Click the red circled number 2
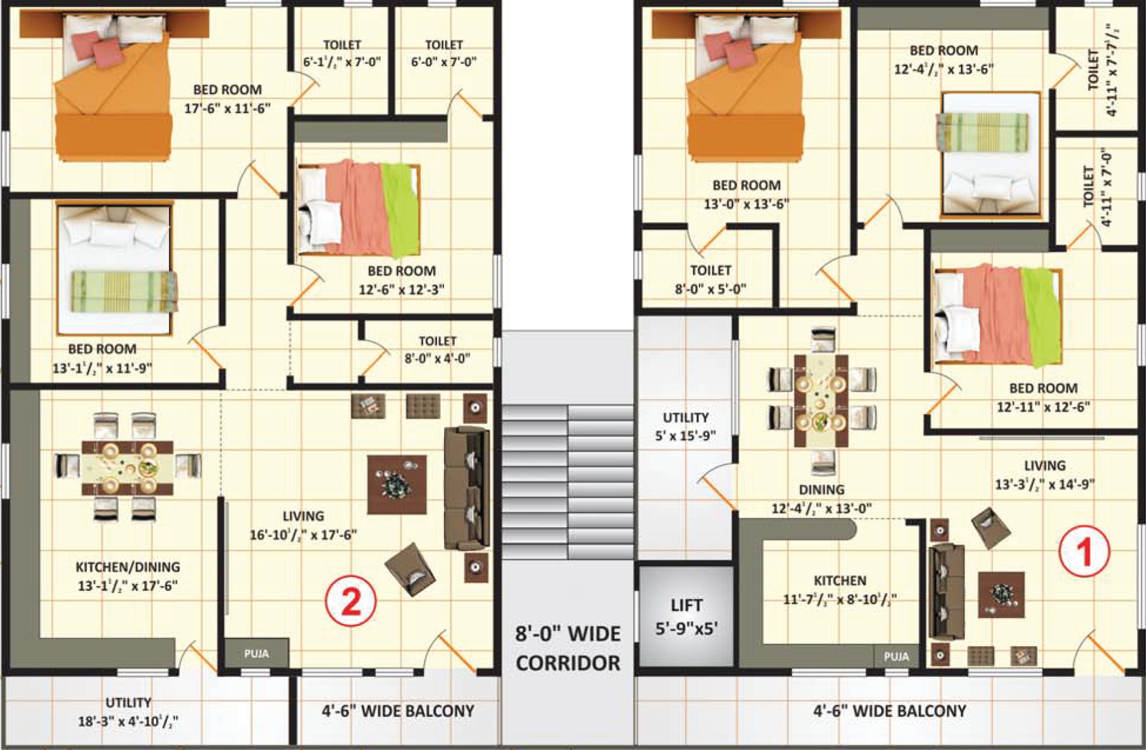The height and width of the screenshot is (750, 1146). point(350,601)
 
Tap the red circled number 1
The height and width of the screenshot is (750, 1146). point(1084,551)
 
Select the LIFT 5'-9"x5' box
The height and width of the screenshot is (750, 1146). point(686,616)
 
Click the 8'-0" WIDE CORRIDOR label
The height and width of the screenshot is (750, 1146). point(568,648)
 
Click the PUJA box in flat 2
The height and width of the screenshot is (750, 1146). point(256,653)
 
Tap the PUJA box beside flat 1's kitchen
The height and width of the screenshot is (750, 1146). point(896,656)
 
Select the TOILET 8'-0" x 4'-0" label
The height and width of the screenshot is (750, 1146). point(437,350)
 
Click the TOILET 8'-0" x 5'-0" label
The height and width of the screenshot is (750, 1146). point(711,279)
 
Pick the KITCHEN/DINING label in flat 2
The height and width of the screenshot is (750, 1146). point(127,576)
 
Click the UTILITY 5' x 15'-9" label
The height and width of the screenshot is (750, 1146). point(685,426)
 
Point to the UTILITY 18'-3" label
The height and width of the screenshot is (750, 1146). point(128,711)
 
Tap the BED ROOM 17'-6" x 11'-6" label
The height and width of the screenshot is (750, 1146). point(227,99)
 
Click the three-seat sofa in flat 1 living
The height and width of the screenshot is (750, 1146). point(945,592)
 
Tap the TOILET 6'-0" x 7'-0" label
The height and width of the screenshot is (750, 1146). point(443,54)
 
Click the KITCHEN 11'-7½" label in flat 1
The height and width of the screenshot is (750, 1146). point(839,590)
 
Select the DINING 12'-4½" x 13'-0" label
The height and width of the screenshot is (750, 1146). point(822,499)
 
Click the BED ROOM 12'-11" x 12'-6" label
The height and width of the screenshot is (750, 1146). point(1043,397)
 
